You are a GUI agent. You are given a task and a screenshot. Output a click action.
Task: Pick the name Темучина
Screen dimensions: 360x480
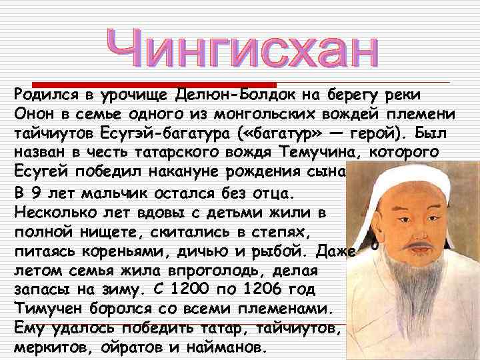coord(319,152)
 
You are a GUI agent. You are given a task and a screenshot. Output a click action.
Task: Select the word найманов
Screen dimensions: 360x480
coord(231,348)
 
